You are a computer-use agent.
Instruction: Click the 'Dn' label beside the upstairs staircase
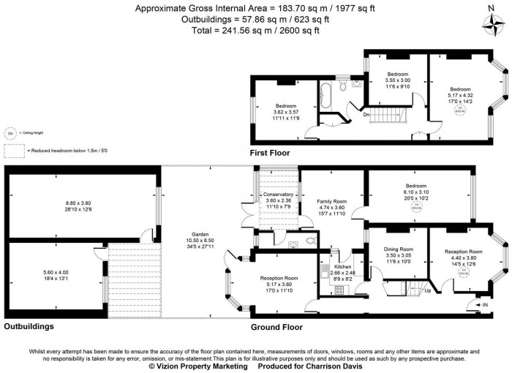(x=367, y=114)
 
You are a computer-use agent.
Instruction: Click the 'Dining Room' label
(x=399, y=249)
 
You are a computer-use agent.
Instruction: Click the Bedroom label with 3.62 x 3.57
(x=286, y=105)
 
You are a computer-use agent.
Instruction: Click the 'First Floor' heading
(x=270, y=153)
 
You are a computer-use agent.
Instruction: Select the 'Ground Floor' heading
(x=276, y=327)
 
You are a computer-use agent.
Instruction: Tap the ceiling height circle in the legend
(x=11, y=134)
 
